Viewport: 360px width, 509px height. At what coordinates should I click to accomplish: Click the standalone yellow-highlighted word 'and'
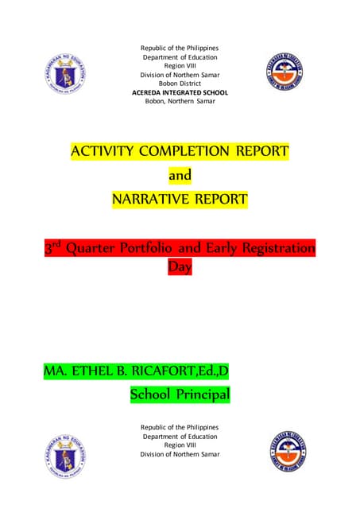180,174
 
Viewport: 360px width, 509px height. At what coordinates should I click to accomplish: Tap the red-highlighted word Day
180,267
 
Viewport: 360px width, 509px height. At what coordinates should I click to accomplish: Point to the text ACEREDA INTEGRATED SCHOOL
180,92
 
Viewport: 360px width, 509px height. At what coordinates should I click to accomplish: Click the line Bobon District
180,83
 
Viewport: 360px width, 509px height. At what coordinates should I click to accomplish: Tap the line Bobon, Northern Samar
180,102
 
